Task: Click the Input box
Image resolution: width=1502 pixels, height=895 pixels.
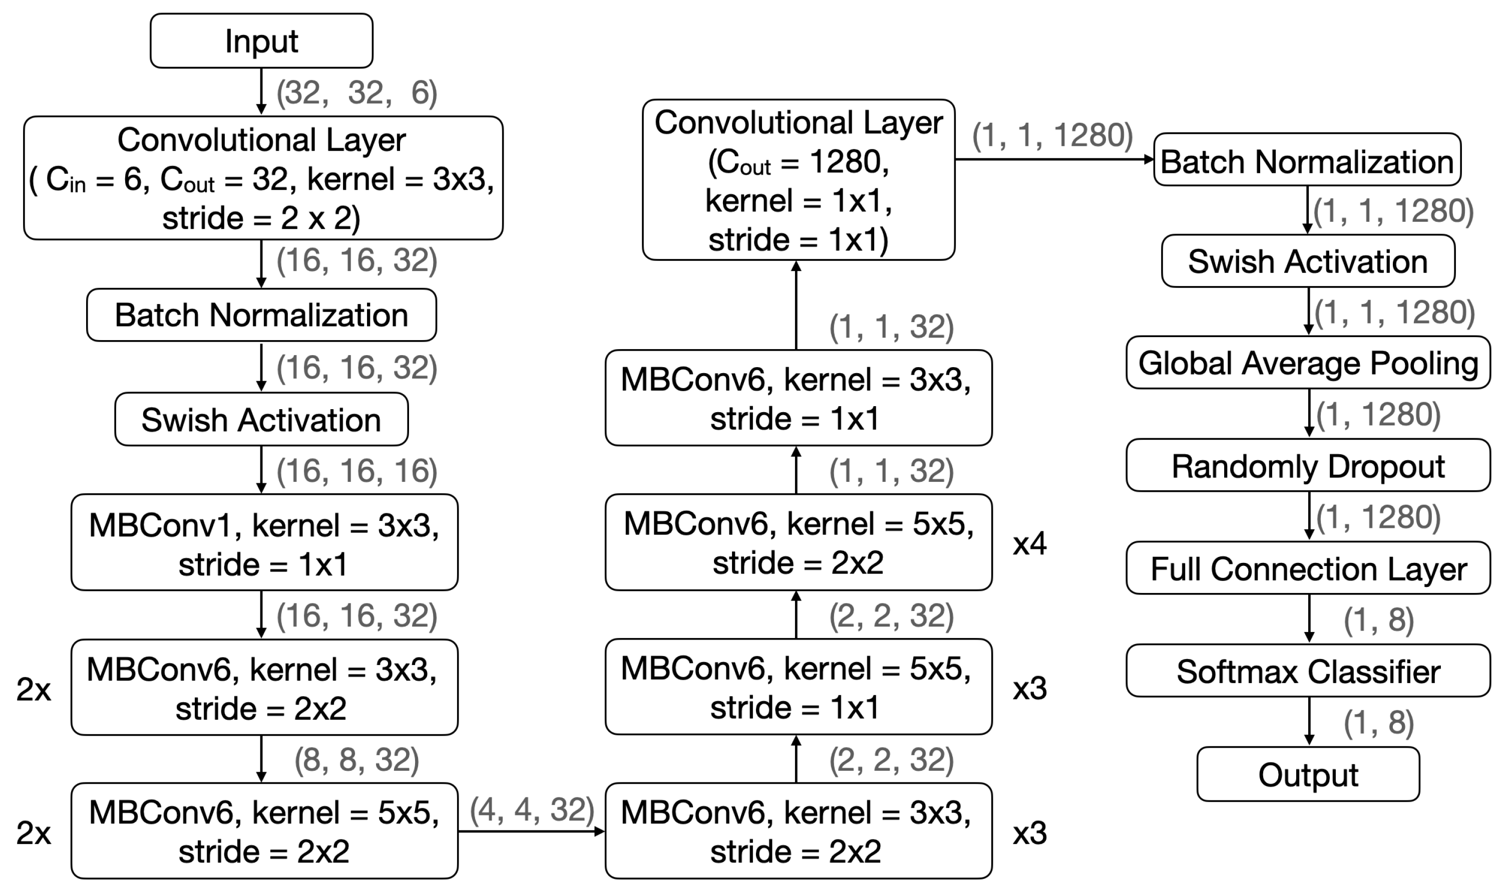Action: point(261,41)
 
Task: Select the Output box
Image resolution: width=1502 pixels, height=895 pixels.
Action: point(1308,774)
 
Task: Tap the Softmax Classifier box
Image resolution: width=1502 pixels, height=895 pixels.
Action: point(1308,671)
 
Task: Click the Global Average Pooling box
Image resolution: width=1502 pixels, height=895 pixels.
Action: point(1308,363)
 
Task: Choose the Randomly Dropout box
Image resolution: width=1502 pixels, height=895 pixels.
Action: point(1308,466)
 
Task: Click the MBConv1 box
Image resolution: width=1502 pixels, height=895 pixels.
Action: point(264,543)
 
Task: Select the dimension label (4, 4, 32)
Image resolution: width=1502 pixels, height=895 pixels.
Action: point(532,809)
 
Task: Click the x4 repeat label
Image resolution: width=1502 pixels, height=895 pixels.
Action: point(1029,544)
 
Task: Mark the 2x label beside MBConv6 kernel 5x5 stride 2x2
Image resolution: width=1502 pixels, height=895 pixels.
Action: point(34,833)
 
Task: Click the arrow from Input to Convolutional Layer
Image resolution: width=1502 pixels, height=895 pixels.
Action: point(261,91)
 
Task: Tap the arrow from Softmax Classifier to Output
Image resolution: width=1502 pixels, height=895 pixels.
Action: point(1309,721)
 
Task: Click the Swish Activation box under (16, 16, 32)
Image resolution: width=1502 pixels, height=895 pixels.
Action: point(261,420)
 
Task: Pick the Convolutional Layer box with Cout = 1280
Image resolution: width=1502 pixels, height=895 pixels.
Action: point(798,180)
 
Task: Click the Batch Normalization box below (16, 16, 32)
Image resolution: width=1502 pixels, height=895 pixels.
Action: point(261,315)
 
